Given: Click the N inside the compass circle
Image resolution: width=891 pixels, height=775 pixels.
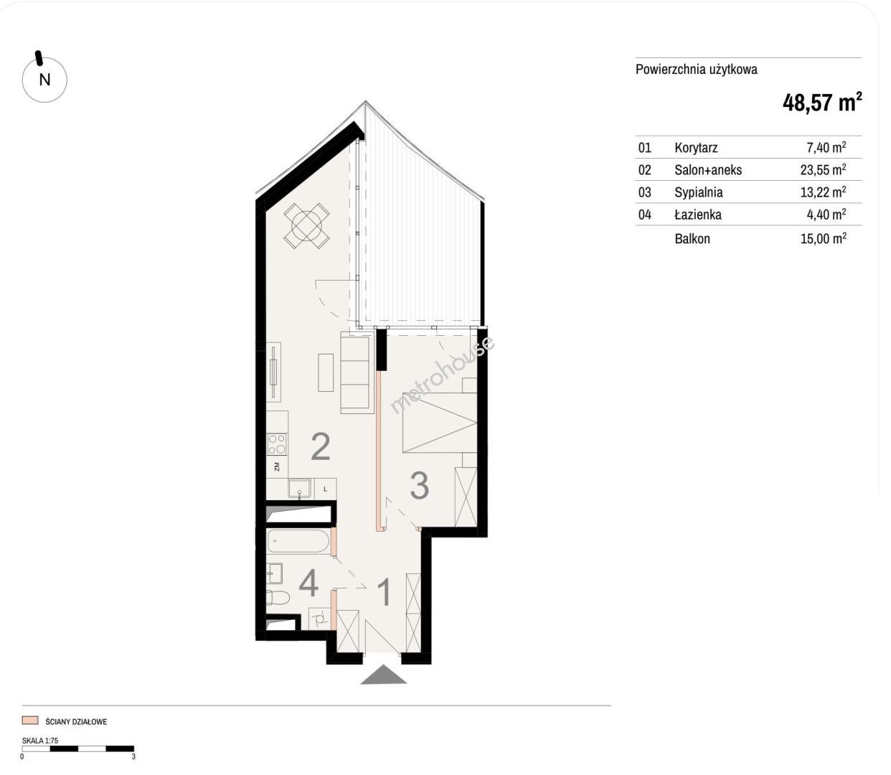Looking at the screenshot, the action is pos(45,80).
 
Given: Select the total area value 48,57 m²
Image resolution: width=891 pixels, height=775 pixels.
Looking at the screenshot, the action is pos(822,103).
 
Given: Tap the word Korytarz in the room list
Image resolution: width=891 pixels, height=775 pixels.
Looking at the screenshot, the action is pos(696,148).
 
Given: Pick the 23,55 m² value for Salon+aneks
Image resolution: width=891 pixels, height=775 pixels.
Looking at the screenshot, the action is pos(823,169).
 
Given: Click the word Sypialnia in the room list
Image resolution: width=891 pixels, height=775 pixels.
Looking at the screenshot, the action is pos(699,192).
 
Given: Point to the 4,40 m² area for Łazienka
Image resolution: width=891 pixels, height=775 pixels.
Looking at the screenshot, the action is pos(826,215).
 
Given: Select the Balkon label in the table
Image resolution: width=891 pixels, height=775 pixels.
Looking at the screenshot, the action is pos(692,239).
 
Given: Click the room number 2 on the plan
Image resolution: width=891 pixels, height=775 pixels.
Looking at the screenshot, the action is pos(321,446).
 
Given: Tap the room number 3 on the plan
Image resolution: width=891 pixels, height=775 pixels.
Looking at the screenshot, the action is pos(420,486).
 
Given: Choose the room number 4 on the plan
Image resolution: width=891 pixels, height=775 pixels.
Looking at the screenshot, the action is pos(308,583).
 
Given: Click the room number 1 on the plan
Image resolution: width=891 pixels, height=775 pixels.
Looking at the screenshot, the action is pos(384,593).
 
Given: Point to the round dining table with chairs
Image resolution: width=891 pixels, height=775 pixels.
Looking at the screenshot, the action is pos(306,225).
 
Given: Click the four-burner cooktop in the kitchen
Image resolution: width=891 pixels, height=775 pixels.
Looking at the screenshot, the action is pos(277,444).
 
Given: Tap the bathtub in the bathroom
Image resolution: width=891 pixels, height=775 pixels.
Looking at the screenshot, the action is pos(298,542).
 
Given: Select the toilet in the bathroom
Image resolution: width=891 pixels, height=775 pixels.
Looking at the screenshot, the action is pos(278,597).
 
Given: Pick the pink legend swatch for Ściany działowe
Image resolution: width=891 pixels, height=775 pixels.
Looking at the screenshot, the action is pos(30,720).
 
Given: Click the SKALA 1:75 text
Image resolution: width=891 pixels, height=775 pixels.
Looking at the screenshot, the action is pos(40,740).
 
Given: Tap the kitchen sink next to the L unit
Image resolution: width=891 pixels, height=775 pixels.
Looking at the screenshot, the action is pos(299,488).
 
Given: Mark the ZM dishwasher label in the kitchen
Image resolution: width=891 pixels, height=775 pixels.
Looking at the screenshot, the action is pos(276,467).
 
